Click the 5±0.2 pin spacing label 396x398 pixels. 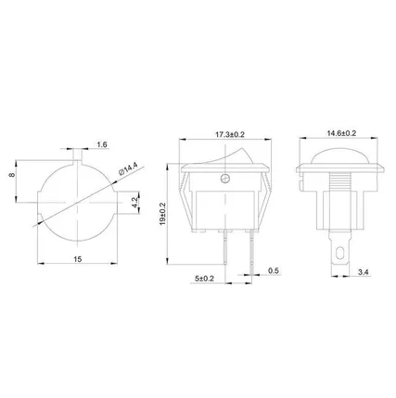tap(205, 277)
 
